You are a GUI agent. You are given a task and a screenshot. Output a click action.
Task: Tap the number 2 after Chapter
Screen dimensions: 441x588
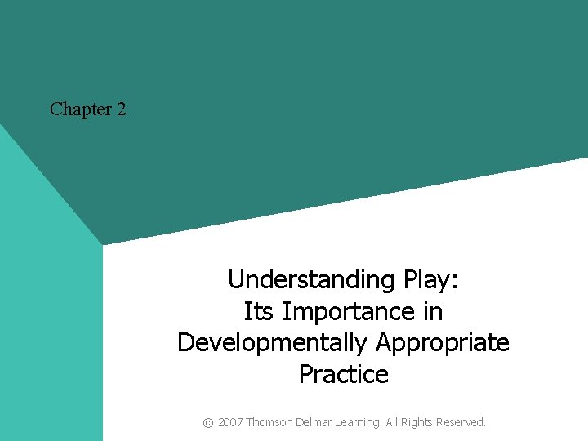(121, 109)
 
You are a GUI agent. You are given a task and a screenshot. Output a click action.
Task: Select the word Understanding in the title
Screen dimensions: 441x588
(313, 280)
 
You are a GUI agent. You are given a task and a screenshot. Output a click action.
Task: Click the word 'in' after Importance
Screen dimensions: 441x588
(432, 311)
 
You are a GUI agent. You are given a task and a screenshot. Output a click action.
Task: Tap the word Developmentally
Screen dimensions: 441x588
(274, 342)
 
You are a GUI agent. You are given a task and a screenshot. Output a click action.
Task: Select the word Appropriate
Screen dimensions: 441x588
(443, 343)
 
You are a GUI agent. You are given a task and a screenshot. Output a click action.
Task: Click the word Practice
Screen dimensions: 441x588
(343, 374)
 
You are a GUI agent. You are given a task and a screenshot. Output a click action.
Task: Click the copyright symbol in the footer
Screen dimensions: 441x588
(208, 422)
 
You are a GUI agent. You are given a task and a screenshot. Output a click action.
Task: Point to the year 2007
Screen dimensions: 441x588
(230, 422)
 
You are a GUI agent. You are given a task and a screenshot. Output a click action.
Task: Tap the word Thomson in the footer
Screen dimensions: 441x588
(271, 422)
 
